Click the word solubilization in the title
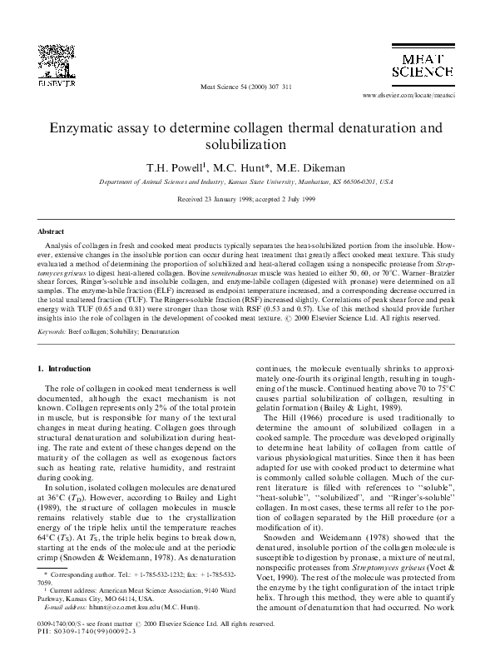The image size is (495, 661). (x=247, y=147)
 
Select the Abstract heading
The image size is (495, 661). (x=52, y=231)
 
